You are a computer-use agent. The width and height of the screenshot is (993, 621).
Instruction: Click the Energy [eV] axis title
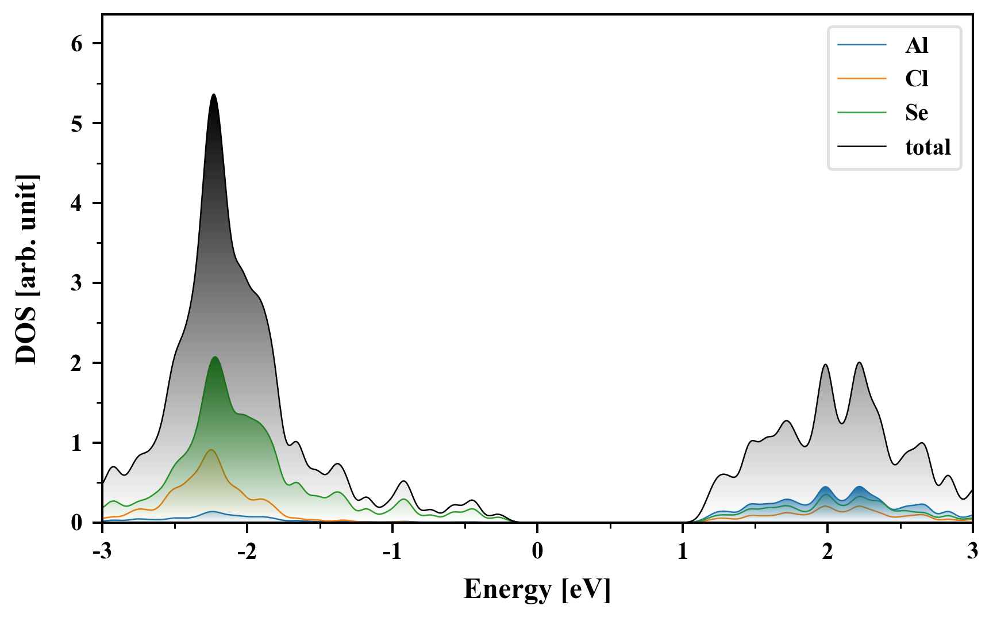click(537, 589)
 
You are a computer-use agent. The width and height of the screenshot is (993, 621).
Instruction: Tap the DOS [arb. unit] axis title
click(26, 269)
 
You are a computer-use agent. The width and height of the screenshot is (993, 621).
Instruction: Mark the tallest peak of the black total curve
click(214, 94)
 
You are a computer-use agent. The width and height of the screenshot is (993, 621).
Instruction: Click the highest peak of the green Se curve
click(215, 357)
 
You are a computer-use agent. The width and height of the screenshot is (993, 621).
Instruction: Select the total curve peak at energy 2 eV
click(826, 365)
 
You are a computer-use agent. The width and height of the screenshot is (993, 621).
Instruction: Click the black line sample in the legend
click(861, 147)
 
